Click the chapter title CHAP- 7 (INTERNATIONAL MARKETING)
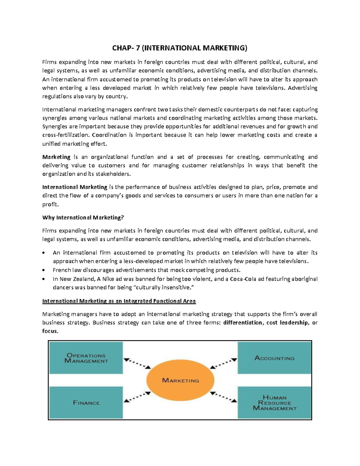[x=180, y=48]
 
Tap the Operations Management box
[x=86, y=358]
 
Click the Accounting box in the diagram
[x=274, y=358]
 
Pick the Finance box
[x=86, y=402]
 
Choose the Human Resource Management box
[x=274, y=402]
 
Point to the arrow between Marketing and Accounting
[x=223, y=363]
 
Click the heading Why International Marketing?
[x=83, y=218]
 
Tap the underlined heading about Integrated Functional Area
[x=119, y=301]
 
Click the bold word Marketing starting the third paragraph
[x=56, y=157]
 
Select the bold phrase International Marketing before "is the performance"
[x=75, y=187]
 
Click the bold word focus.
[x=50, y=331]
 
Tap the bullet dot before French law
[x=44, y=270]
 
